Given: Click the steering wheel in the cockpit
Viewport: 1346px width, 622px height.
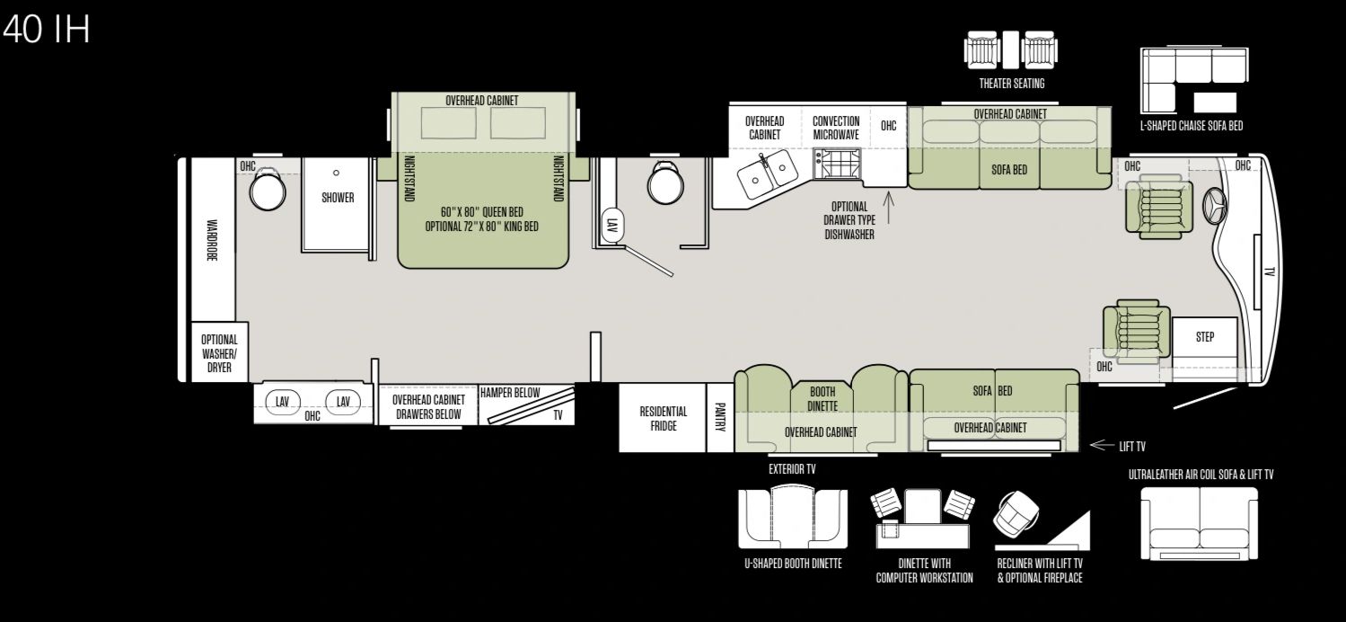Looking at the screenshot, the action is (x=1215, y=207).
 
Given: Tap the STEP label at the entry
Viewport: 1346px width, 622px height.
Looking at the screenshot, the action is (x=1205, y=337).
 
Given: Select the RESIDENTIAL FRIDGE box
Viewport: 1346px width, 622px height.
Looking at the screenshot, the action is (x=662, y=418).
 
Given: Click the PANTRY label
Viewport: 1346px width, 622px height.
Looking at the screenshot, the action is (x=720, y=417).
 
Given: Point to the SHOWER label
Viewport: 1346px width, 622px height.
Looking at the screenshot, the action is (x=338, y=198).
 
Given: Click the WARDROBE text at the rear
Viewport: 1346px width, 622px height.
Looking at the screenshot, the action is (x=212, y=240).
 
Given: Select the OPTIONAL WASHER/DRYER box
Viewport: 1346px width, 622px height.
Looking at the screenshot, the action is (x=219, y=352).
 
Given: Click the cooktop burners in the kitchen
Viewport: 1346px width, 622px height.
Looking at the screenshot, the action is (x=837, y=164).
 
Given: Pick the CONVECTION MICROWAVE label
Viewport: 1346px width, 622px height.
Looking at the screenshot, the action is (x=836, y=129).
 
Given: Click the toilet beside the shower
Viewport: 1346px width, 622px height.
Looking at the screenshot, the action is (x=268, y=190).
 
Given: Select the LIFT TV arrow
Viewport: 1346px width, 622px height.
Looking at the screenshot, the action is (x=1102, y=445).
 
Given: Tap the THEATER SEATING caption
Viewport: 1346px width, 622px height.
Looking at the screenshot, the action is (x=1012, y=84).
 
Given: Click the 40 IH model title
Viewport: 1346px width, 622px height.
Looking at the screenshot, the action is (x=47, y=30).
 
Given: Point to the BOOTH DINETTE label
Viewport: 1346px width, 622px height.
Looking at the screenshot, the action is (x=823, y=399).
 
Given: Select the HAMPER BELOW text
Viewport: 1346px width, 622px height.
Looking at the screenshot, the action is (x=510, y=393).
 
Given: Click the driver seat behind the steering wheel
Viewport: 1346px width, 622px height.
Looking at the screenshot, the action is (x=1158, y=207).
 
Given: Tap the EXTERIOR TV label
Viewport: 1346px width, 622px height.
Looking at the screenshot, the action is (x=792, y=469).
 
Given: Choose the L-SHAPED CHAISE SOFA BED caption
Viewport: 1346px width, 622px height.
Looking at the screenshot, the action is (x=1192, y=126).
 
